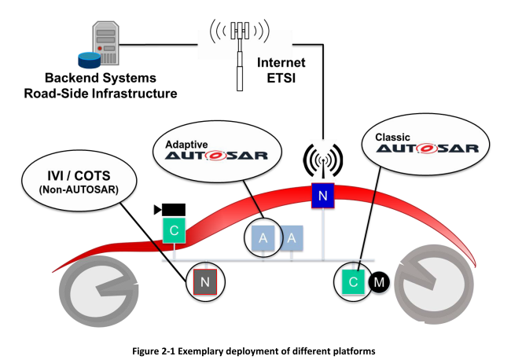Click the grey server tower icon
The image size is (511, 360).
click(105, 42)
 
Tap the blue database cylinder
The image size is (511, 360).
click(89, 61)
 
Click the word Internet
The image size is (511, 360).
click(281, 63)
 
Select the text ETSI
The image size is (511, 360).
click(281, 78)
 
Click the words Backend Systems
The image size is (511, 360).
click(101, 78)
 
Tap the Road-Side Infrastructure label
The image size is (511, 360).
click(101, 94)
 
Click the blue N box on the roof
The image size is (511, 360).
click(322, 196)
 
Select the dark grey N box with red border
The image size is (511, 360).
click(205, 282)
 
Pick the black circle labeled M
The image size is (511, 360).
click(379, 282)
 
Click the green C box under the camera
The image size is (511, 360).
click(174, 230)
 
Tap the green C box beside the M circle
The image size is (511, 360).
click(353, 282)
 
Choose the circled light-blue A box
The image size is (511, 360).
click(263, 238)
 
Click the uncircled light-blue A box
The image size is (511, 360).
click(292, 238)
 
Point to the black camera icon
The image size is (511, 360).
click(170, 210)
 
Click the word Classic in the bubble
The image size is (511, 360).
click(392, 137)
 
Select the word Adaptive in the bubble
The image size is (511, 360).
click(186, 145)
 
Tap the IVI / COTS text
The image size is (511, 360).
click(79, 176)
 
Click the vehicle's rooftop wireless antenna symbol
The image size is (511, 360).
click(323, 160)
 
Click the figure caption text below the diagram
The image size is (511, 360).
click(254, 351)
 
